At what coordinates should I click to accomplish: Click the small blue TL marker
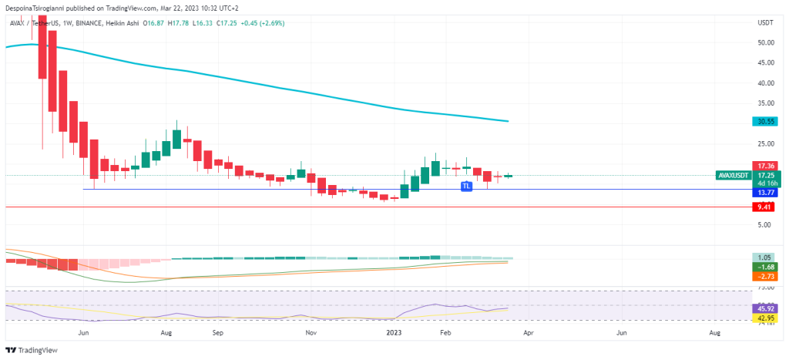click(465, 187)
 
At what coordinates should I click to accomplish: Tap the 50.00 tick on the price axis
click(765, 43)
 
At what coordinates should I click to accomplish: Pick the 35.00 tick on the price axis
click(765, 103)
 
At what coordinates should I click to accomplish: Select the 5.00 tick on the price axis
click(765, 225)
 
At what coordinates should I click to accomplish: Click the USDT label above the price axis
click(765, 23)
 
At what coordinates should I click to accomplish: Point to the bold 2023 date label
click(393, 332)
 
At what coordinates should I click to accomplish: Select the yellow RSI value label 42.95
click(765, 318)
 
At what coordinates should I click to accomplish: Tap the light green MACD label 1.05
click(765, 257)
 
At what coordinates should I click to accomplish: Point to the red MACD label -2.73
click(765, 275)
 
